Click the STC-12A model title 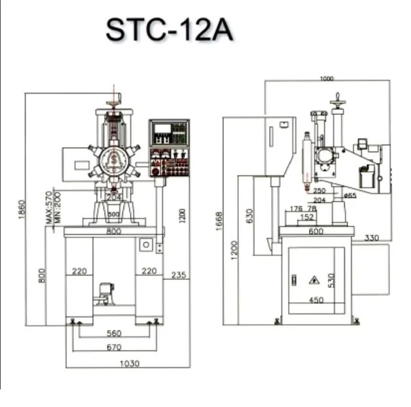pos(170,30)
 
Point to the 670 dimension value pos(114,346)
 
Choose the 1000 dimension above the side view pos(327,79)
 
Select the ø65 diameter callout pos(349,195)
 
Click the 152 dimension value pos(305,217)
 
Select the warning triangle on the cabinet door pos(314,279)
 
